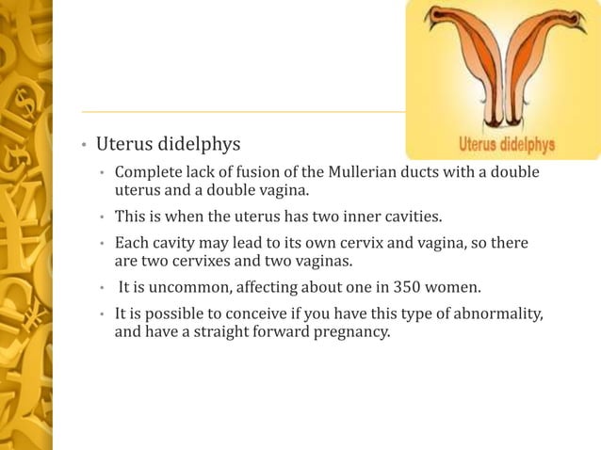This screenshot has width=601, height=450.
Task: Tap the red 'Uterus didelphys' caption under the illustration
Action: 506,146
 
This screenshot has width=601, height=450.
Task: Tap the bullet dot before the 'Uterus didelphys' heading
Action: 83,146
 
